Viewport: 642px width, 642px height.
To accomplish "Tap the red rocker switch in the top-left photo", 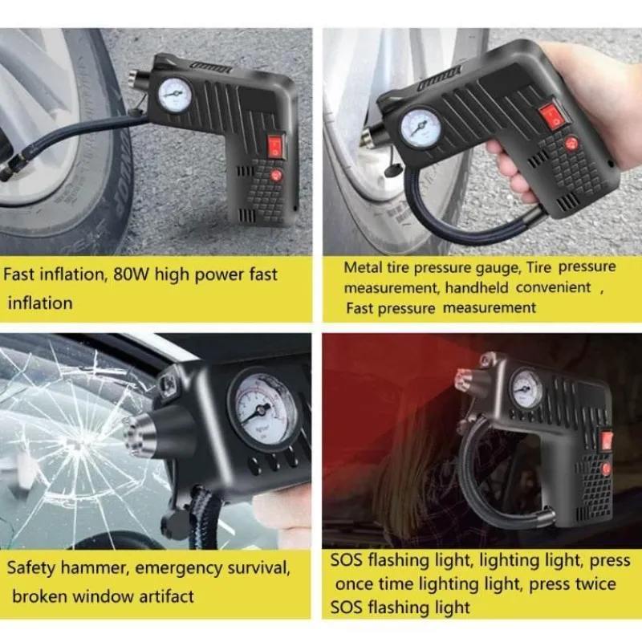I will pyautogui.click(x=274, y=145).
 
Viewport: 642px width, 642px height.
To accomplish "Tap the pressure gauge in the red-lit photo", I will pyautogui.click(x=526, y=388).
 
